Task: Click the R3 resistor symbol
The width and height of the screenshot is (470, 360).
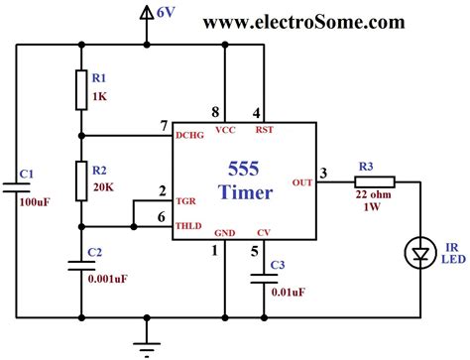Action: (x=375, y=181)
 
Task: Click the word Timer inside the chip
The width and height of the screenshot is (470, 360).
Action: (x=244, y=191)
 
